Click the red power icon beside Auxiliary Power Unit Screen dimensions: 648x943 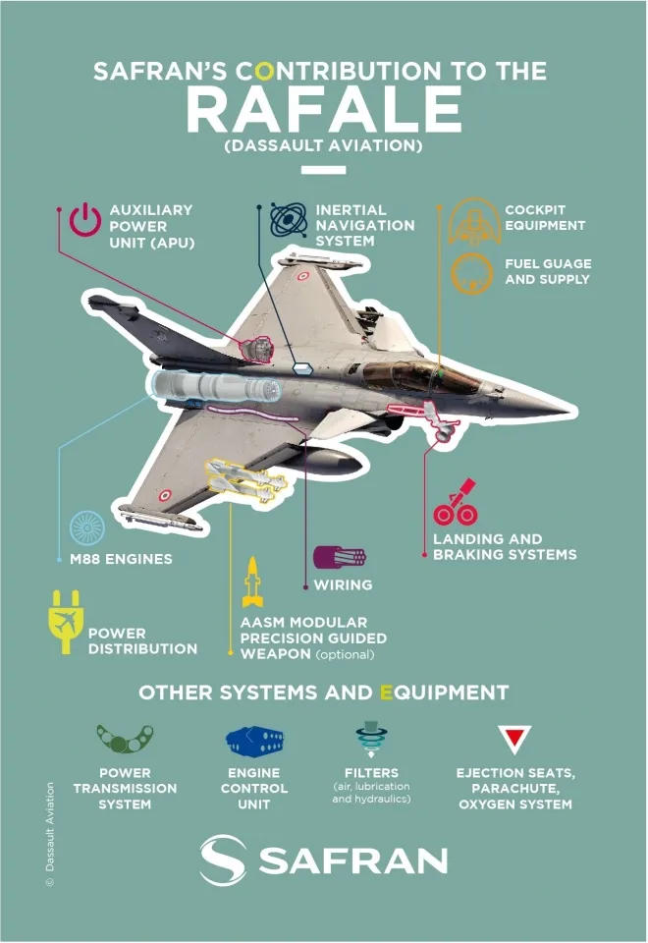click(x=84, y=218)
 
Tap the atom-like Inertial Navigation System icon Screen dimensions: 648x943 click(x=289, y=219)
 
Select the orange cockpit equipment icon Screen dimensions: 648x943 click(x=474, y=221)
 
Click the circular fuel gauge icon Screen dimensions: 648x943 click(x=472, y=273)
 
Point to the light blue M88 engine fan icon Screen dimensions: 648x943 click(x=87, y=528)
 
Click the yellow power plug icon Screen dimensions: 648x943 click(x=65, y=621)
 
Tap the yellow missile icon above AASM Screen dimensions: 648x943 click(x=252, y=581)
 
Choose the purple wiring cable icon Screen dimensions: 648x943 click(x=340, y=558)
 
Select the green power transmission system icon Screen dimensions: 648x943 click(x=125, y=739)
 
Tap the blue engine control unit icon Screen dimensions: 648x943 click(x=254, y=741)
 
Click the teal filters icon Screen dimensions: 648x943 click(x=371, y=739)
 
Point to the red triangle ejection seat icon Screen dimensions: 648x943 click(x=514, y=739)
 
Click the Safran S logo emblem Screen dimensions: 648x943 click(x=223, y=860)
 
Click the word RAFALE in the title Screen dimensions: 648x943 click(x=324, y=109)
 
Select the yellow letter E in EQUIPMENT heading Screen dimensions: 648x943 click(x=387, y=693)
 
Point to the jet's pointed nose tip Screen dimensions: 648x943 click(x=569, y=412)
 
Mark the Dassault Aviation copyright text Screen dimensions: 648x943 click(x=50, y=834)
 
